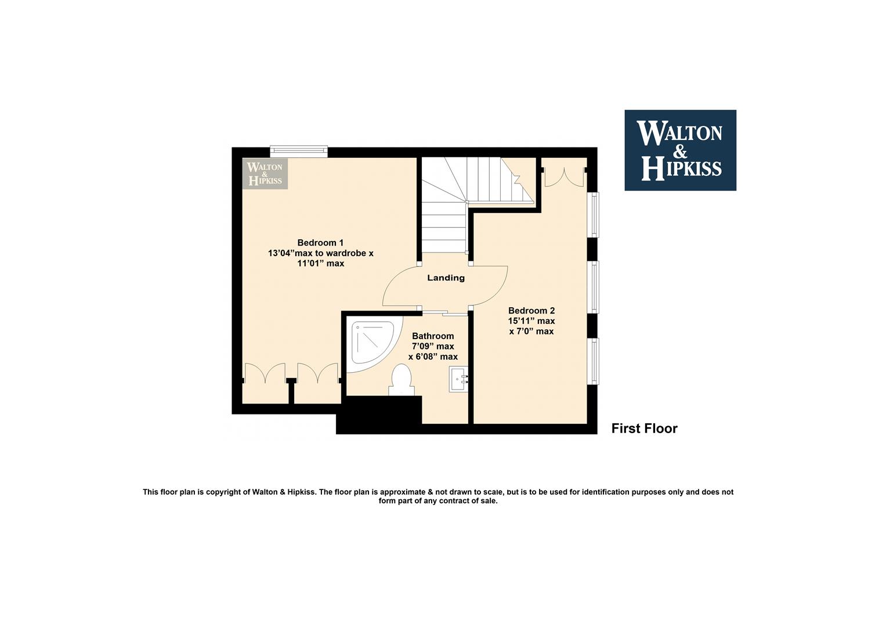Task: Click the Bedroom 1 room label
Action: [x=320, y=243]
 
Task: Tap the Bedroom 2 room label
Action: [x=531, y=311]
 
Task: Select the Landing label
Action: [x=446, y=278]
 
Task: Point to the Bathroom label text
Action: [x=433, y=336]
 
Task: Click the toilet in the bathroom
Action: [x=401, y=380]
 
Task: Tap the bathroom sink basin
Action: [x=458, y=379]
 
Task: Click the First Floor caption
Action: [x=644, y=428]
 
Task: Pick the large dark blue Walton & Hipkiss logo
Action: [x=681, y=150]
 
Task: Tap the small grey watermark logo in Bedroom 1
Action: [x=265, y=174]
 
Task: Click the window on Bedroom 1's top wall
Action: [x=299, y=151]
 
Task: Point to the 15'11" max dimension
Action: [x=531, y=321]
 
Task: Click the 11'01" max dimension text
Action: [x=321, y=264]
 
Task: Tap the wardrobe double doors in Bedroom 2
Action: [x=564, y=177]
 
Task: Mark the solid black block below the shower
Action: [x=379, y=415]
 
